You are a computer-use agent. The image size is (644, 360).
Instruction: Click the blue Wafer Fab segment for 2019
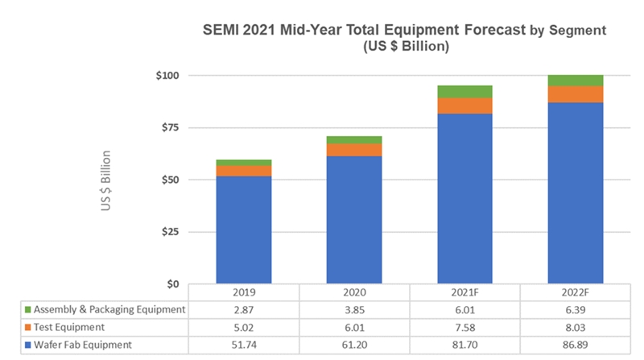click(243, 230)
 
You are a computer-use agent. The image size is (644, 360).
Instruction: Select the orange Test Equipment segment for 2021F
click(464, 106)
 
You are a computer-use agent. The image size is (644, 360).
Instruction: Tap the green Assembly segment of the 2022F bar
click(575, 80)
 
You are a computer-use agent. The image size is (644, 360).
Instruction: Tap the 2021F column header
click(464, 292)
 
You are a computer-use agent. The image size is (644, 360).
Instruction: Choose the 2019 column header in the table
click(243, 292)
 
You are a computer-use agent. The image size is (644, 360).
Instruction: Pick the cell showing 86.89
click(575, 345)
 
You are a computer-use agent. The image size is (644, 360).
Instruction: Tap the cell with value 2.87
click(243, 309)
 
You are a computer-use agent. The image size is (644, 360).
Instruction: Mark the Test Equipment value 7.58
click(464, 327)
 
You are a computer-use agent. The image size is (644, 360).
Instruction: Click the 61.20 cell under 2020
click(354, 345)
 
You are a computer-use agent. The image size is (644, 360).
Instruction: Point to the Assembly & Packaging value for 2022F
click(575, 309)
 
